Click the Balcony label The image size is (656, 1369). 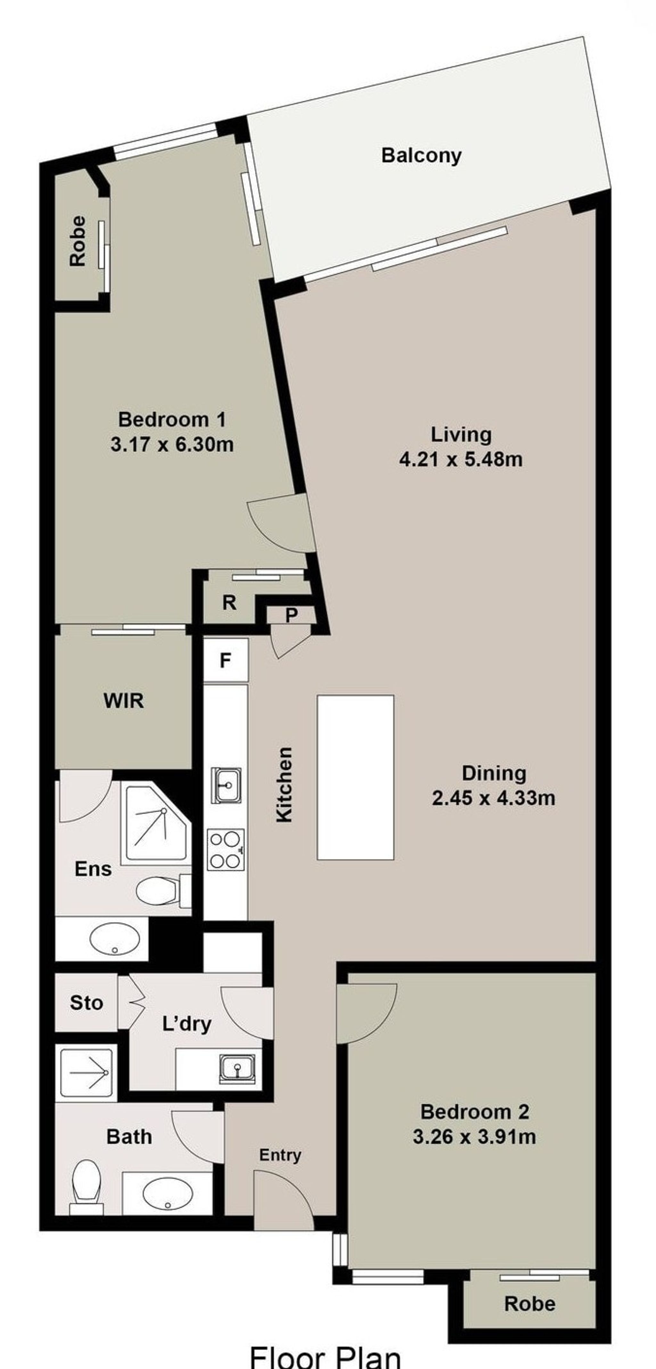tap(421, 156)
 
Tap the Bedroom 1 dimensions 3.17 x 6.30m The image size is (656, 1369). tap(172, 444)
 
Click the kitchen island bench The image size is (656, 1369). tap(355, 777)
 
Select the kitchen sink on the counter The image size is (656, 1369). tap(226, 785)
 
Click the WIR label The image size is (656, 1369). tap(124, 701)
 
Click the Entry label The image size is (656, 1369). tap(281, 1155)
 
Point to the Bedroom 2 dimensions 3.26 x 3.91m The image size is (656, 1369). tap(474, 1137)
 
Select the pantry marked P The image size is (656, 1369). tap(291, 615)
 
